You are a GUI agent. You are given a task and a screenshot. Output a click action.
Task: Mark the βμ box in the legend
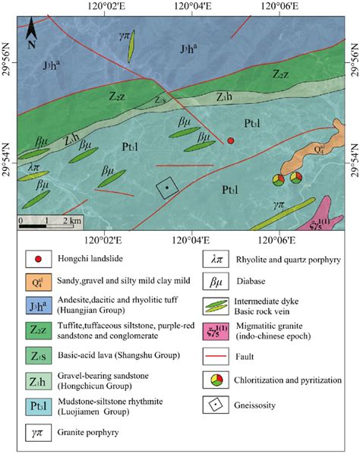215,282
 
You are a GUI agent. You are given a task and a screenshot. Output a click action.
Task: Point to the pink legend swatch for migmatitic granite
215,331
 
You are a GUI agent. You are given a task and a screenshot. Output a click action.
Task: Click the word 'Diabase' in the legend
258,282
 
